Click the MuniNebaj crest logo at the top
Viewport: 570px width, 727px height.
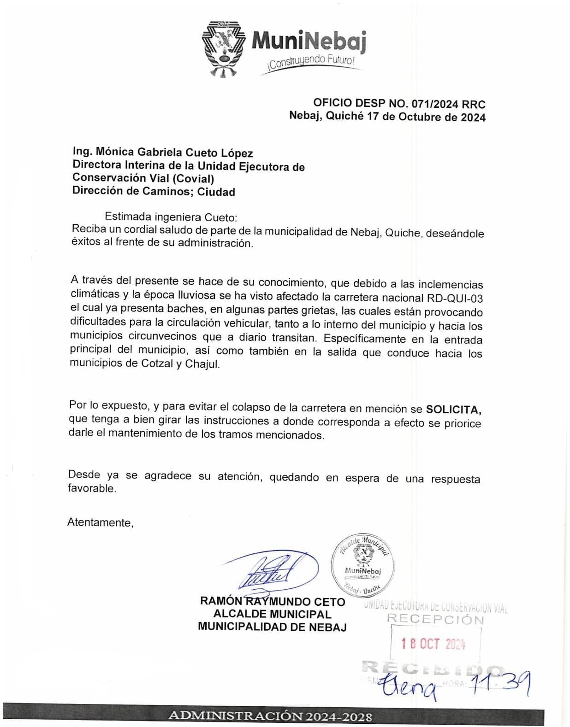pyautogui.click(x=224, y=48)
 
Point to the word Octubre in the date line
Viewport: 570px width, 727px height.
pyautogui.click(x=420, y=117)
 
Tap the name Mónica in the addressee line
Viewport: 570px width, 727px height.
pyautogui.click(x=114, y=152)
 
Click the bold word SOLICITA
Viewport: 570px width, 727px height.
pyautogui.click(x=454, y=409)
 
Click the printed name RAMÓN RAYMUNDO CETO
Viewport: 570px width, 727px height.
pyautogui.click(x=273, y=602)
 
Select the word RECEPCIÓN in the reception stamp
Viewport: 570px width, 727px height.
pyautogui.click(x=435, y=620)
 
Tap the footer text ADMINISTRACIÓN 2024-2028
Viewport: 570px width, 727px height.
pyautogui.click(x=270, y=716)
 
